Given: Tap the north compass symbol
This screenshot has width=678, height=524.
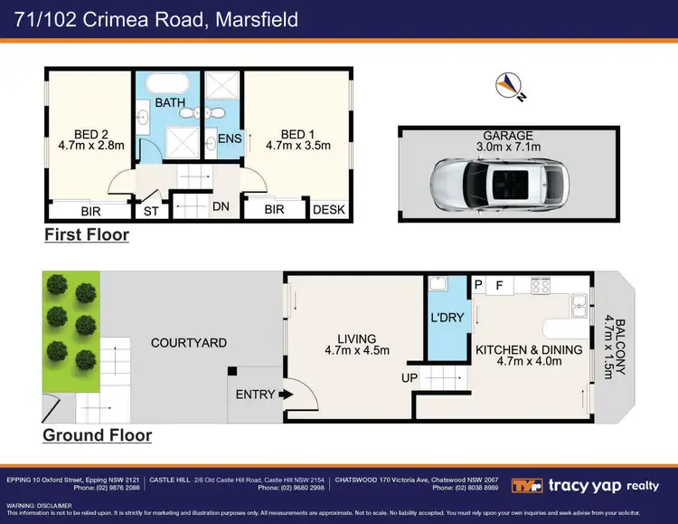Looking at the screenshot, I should coord(508,86).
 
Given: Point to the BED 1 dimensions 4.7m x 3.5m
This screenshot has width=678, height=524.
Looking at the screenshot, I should coord(298,144).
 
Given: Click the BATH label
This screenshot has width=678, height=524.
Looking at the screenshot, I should coord(170,103).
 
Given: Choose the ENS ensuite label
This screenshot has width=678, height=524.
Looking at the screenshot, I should coord(230,138).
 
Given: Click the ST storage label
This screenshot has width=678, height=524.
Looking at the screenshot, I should coord(151,212).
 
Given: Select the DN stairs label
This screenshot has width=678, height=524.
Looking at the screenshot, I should coord(221,207).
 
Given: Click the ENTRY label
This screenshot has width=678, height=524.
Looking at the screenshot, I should coord(255,395).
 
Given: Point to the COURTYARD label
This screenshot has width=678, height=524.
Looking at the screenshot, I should coord(189,343).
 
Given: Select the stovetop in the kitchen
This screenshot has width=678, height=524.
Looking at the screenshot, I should coord(541,286).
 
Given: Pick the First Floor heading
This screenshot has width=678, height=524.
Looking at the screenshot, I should coord(87,235).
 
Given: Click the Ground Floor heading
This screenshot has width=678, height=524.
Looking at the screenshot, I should coord(97,435).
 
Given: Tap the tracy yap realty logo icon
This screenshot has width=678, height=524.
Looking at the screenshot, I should coord(527,485).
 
